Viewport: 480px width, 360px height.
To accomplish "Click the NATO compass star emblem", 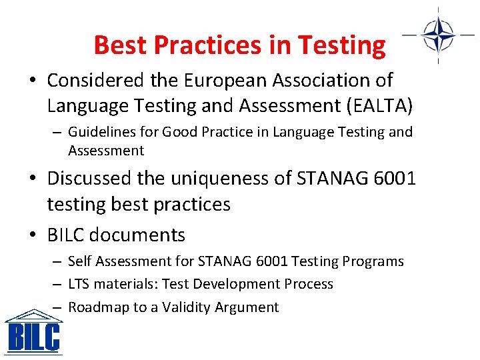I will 438,34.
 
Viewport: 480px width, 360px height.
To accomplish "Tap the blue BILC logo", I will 33,333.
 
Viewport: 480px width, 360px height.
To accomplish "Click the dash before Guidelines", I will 57,133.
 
